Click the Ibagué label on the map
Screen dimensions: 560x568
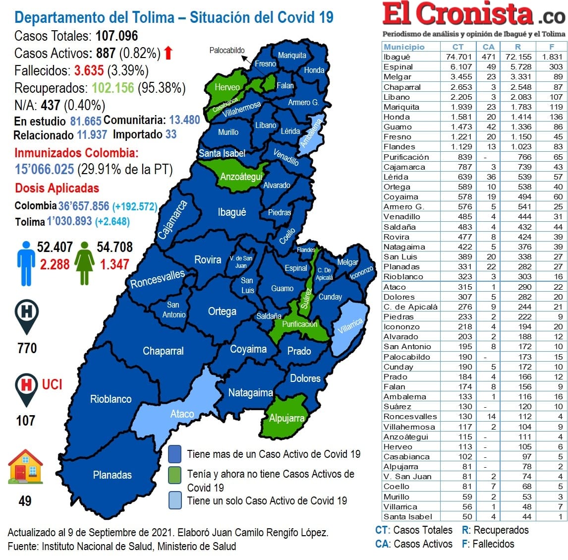click(231, 212)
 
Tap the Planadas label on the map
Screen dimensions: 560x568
click(113, 475)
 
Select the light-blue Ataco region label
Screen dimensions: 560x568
click(182, 414)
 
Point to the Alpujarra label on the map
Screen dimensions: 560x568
click(286, 418)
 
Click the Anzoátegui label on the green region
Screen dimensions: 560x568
click(241, 177)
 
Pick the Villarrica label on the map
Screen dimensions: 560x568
click(350, 326)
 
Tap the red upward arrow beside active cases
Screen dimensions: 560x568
click(169, 53)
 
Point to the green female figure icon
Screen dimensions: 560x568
click(84, 263)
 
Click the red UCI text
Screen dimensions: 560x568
click(52, 384)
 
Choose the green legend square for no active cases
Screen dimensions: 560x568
click(174, 475)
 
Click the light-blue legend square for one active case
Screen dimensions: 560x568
click(174, 500)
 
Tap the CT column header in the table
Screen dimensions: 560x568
click(458, 47)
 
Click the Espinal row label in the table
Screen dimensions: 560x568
click(398, 66)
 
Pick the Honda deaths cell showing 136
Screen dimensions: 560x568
click(556, 117)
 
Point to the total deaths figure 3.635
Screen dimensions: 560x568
click(89, 70)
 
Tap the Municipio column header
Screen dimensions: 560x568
click(404, 47)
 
